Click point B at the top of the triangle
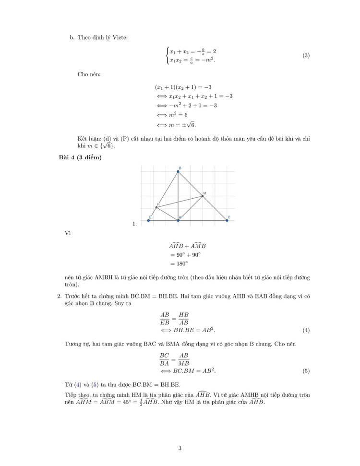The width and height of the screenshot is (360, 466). coord(178,172)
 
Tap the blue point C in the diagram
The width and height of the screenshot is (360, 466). coord(227,221)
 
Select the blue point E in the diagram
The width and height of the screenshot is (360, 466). coord(148,221)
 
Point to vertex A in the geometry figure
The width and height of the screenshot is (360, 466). coord(178,221)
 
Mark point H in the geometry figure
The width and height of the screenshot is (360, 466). coord(156,207)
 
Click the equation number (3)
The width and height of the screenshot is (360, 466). coord(306,56)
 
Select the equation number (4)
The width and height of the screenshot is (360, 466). coord(306,331)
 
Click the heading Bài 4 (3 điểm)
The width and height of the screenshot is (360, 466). coord(80,157)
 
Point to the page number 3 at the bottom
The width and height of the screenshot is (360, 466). coord(180,449)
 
